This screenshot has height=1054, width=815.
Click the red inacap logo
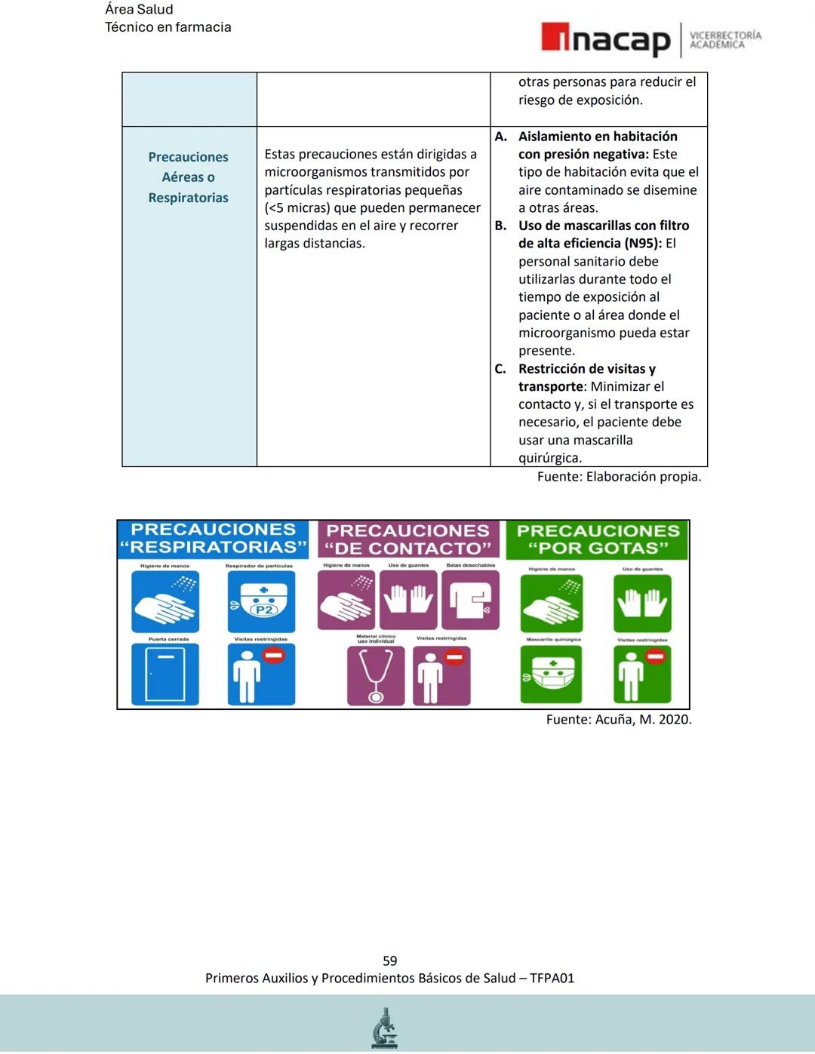coord(605,39)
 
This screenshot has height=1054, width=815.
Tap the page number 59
coord(389,960)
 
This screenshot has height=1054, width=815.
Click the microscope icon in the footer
coord(385,1028)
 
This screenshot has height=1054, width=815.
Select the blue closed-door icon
coord(165,674)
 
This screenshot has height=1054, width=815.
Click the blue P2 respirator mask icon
coord(261,601)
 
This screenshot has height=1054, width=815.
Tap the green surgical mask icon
coord(551,674)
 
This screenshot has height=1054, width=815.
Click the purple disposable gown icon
coord(470,600)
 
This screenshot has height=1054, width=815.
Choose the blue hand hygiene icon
coord(165,601)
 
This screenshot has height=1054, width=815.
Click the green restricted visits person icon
coord(642,674)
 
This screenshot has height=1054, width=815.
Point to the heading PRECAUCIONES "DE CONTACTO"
coord(407,539)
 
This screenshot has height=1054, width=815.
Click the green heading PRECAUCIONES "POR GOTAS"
coord(598,539)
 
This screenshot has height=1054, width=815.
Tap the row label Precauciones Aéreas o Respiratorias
coord(188,177)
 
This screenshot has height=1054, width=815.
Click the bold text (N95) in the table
coord(643,243)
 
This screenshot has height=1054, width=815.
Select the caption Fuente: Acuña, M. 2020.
coord(619,719)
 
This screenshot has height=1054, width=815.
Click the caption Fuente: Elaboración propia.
coord(619,476)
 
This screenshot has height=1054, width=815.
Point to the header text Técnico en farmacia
coord(168,27)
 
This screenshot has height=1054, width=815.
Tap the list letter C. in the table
coord(500,369)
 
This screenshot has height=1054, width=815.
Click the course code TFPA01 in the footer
coord(552,978)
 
